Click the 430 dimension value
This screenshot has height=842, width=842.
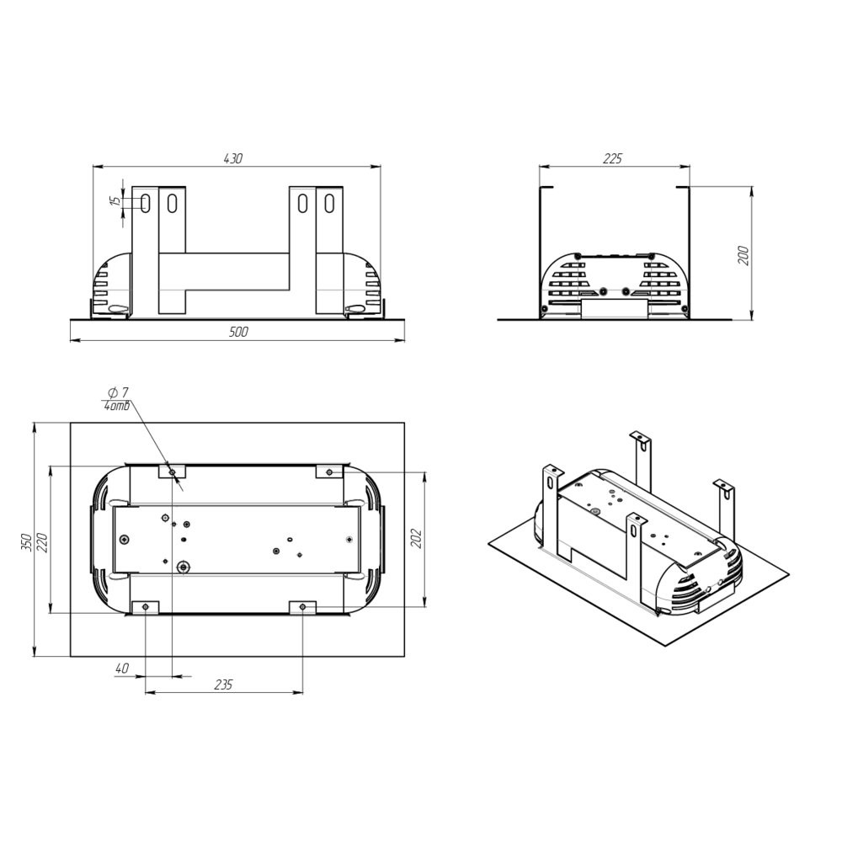click(233, 158)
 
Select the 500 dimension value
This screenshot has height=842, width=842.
click(238, 332)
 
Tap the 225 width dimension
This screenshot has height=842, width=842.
click(612, 158)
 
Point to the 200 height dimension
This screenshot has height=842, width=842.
click(743, 255)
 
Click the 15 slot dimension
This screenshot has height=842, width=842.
click(115, 201)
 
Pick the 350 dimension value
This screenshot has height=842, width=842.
click(29, 542)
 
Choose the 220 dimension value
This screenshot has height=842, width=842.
click(43, 542)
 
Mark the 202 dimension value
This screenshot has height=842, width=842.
click(417, 539)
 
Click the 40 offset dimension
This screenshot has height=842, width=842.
click(122, 669)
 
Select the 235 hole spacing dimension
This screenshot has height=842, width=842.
click(223, 685)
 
